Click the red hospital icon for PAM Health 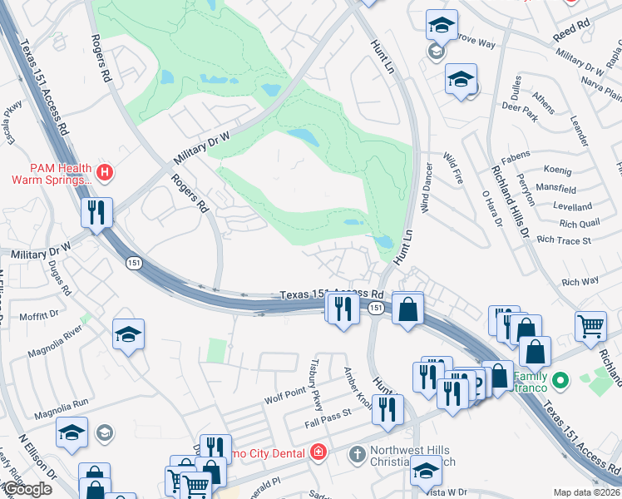click(105, 173)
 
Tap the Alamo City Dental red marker click(317, 452)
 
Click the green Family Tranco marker click(560, 381)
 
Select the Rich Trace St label click(564, 240)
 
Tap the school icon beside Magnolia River click(128, 334)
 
